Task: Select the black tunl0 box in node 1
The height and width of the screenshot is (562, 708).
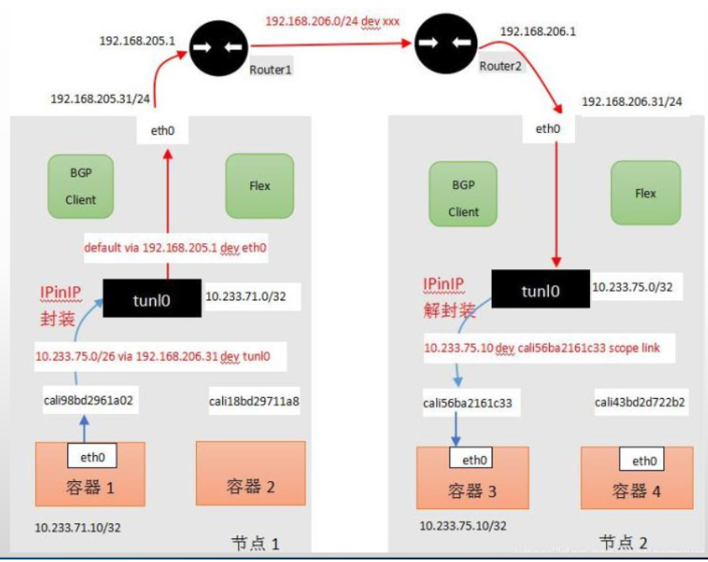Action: click(x=152, y=298)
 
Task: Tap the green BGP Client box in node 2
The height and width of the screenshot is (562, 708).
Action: click(x=463, y=194)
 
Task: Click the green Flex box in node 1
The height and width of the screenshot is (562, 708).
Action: click(x=259, y=185)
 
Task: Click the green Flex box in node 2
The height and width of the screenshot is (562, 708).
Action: click(x=645, y=194)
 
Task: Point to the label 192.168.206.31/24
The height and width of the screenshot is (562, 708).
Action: click(x=631, y=102)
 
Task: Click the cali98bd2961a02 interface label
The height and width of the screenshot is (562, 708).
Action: click(x=89, y=401)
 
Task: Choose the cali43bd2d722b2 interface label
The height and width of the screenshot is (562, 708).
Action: click(x=639, y=402)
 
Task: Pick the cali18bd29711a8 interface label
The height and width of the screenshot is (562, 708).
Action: click(x=254, y=401)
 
